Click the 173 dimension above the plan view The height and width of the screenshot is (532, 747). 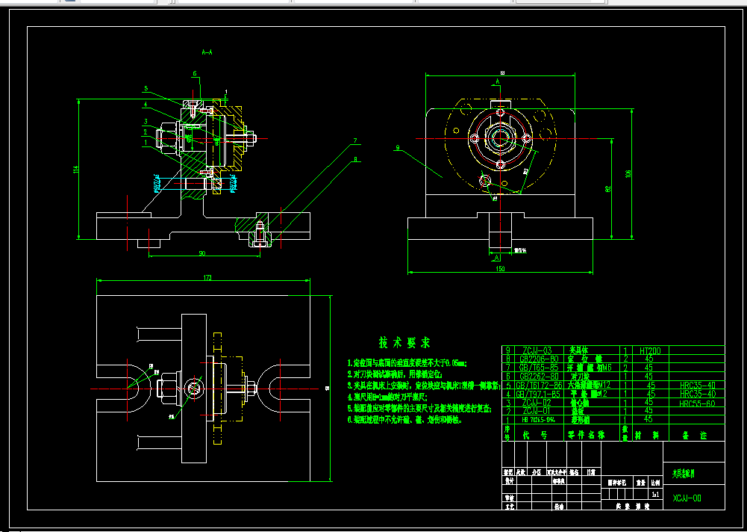[207, 278]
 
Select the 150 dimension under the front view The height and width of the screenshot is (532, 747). [499, 267]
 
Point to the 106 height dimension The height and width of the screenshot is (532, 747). [628, 173]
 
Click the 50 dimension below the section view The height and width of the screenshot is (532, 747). [202, 253]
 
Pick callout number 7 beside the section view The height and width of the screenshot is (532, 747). [356, 140]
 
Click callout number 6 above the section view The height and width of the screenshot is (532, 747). [195, 74]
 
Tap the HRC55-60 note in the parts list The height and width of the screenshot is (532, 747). [697, 403]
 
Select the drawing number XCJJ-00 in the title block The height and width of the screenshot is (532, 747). [687, 498]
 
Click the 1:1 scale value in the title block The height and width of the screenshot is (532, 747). [655, 494]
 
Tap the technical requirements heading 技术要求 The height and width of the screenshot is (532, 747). [404, 343]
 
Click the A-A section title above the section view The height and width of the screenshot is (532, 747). [207, 52]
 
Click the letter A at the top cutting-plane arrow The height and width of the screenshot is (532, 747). [498, 80]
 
